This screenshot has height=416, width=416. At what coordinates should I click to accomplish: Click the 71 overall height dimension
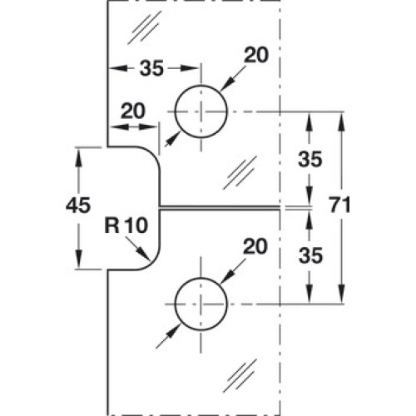click(339, 205)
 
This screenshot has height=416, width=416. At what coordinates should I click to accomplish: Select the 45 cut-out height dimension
click(78, 205)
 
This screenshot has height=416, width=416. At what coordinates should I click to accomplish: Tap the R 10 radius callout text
click(126, 225)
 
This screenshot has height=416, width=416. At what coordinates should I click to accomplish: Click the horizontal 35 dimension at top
click(151, 68)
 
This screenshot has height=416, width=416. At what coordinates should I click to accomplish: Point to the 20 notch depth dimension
click(133, 111)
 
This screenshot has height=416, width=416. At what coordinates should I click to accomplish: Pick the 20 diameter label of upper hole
click(256, 55)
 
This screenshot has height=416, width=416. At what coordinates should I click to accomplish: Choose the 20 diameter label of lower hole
click(255, 246)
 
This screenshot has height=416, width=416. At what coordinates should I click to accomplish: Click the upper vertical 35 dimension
click(310, 159)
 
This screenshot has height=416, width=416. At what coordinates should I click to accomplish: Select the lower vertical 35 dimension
click(310, 255)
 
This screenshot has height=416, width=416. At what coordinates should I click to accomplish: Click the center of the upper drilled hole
click(201, 111)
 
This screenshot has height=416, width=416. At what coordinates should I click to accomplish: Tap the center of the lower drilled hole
click(201, 304)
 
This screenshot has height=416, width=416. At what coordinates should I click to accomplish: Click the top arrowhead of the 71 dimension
click(342, 121)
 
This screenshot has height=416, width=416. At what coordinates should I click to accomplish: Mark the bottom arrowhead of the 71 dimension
click(342, 294)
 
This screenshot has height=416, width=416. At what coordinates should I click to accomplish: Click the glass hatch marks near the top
click(144, 27)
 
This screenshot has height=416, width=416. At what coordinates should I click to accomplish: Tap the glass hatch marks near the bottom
click(240, 375)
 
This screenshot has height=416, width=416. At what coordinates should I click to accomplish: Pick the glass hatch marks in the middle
click(240, 173)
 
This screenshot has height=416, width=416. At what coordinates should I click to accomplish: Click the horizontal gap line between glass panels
click(219, 208)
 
